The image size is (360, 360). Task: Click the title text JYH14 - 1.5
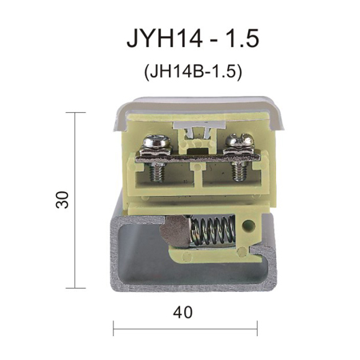[193, 38]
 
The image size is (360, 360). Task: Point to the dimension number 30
[62, 199]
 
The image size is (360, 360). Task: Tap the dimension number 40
[182, 312]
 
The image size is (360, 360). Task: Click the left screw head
[157, 142]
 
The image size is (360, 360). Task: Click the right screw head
[239, 140]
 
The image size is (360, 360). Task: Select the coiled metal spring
[214, 230]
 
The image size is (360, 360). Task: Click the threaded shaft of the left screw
[157, 172]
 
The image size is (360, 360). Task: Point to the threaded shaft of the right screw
[238, 171]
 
